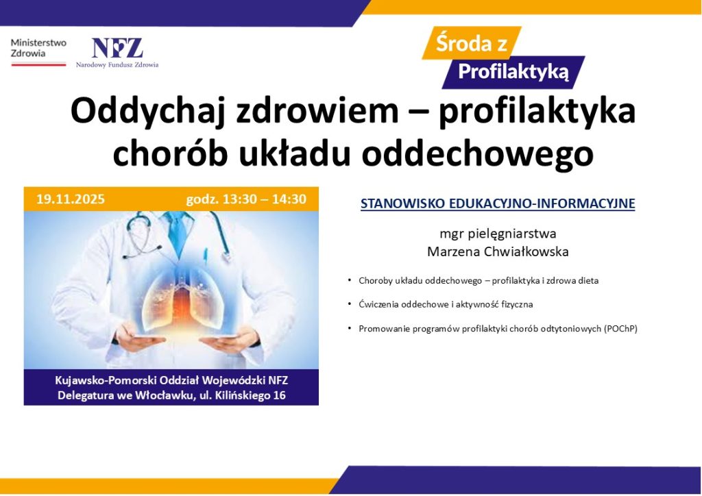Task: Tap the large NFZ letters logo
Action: coord(117,48)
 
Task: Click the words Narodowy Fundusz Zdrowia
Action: coord(117,65)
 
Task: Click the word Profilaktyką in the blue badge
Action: coord(513,71)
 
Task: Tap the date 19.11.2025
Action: coord(71,199)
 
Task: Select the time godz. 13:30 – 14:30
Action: coord(245,199)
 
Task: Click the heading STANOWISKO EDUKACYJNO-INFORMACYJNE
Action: coord(498,203)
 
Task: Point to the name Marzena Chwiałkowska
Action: coord(498,251)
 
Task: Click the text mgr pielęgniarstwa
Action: coord(498,234)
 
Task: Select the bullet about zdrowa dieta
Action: coord(479,281)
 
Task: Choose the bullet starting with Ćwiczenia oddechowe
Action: coord(446,303)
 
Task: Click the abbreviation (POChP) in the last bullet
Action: coord(620,328)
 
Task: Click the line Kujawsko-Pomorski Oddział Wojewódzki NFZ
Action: coord(171,381)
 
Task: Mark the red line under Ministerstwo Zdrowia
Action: coord(38,64)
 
